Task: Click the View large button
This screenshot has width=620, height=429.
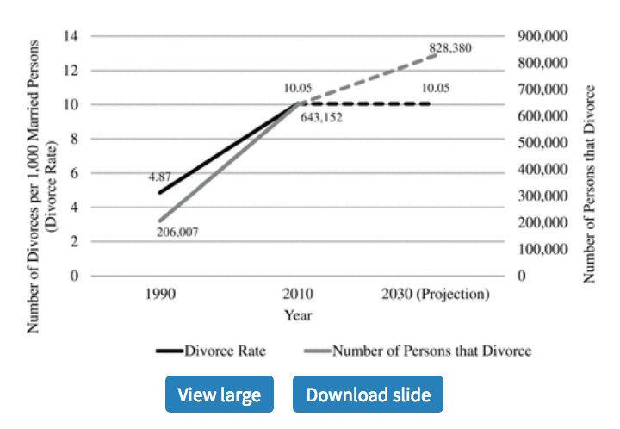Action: (x=219, y=395)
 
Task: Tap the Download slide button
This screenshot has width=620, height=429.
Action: (x=368, y=395)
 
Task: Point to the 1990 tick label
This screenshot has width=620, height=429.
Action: (x=160, y=295)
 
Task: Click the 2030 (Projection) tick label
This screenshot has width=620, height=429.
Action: (x=435, y=295)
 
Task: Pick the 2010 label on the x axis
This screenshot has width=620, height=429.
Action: (x=298, y=295)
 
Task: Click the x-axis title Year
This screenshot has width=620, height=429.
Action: (x=298, y=314)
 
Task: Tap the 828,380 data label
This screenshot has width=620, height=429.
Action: (x=450, y=48)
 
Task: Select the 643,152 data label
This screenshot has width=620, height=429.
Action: (x=321, y=117)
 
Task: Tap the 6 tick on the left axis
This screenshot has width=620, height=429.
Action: (x=75, y=173)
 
